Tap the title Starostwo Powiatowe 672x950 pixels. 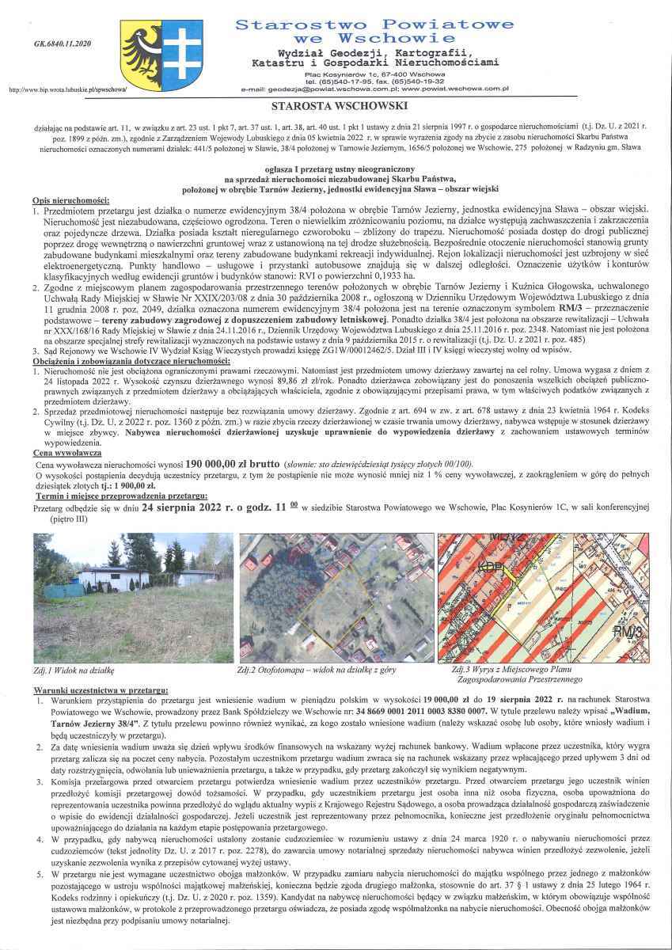pyautogui.click(x=374, y=25)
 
